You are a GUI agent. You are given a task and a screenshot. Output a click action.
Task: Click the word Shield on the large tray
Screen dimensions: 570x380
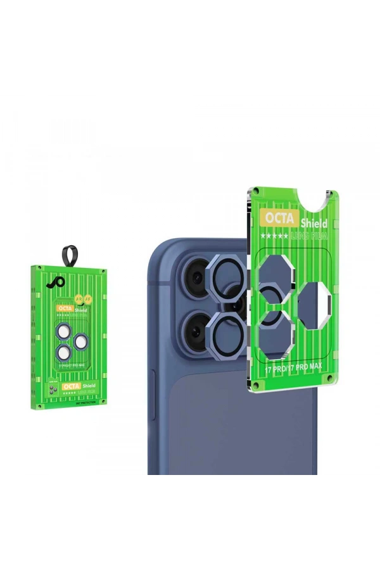click(x=314, y=223)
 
